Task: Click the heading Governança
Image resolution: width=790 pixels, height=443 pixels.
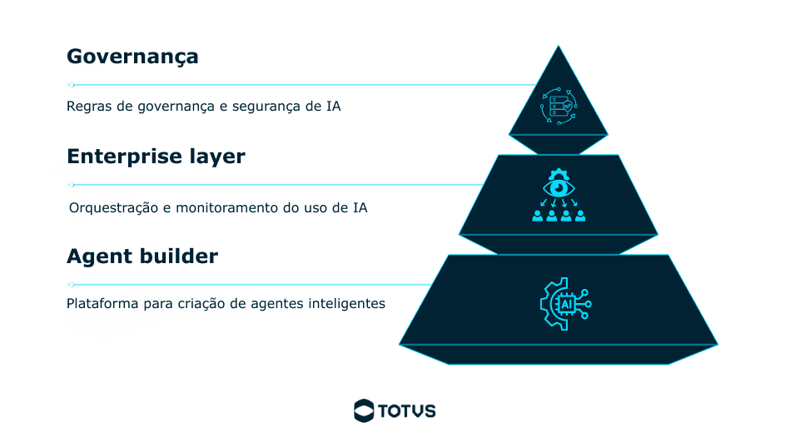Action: [x=132, y=57]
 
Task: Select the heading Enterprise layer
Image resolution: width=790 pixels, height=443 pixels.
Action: [x=156, y=157]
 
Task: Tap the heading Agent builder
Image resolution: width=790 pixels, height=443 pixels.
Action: [x=142, y=256]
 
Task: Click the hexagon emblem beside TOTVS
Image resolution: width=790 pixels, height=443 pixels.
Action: [x=364, y=410]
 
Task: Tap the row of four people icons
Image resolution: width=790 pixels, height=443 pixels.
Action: [x=559, y=215]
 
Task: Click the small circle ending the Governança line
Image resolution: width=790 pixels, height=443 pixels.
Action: [x=71, y=84]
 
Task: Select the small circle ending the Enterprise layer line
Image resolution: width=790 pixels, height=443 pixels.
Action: [x=71, y=184]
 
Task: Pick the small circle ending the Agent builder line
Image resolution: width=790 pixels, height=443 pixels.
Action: [x=71, y=284]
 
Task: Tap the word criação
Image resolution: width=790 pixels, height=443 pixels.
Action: [x=200, y=304]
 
